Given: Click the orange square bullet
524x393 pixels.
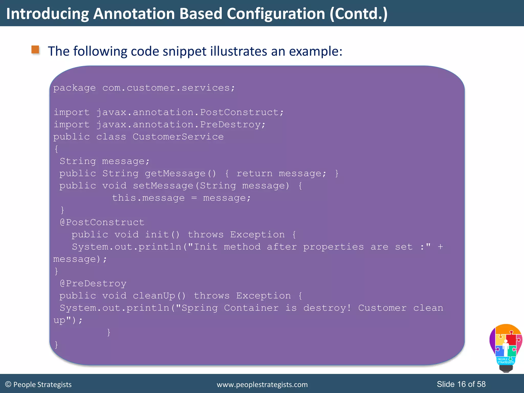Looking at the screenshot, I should point(35,50).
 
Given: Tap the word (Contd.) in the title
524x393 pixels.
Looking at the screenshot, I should point(358,14).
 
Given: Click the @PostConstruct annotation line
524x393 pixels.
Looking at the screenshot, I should point(102,222).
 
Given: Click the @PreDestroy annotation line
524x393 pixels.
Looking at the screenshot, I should point(93,283).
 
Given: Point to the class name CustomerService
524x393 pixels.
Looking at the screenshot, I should point(178,137).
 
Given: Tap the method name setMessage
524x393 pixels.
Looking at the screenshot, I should point(163,185).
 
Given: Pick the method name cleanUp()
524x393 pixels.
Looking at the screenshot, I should point(159,296).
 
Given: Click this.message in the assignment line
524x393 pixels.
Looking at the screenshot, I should point(148,198).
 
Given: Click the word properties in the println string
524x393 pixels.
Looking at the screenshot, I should point(333,247).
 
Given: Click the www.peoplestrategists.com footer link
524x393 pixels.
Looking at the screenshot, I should point(262,385).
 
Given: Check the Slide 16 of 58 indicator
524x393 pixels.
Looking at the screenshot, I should point(461,384).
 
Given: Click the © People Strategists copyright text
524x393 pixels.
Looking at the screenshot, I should point(38,385).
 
